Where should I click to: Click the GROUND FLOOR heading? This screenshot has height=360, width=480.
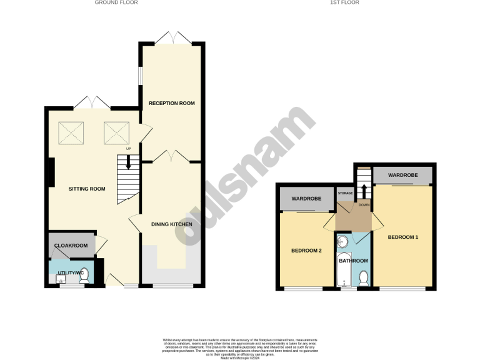116,2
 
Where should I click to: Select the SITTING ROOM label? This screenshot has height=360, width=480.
87,188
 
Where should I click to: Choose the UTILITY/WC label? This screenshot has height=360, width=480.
70,273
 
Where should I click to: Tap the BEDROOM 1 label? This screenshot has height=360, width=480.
403,237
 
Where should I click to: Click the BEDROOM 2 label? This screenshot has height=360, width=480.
307,251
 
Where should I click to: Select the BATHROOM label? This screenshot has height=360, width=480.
354,261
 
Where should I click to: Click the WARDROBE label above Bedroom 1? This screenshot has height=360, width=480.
403,176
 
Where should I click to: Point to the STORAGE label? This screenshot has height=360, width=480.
346,193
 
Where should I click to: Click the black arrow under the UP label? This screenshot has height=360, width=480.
129,163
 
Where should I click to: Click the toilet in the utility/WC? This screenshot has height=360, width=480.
84,276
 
